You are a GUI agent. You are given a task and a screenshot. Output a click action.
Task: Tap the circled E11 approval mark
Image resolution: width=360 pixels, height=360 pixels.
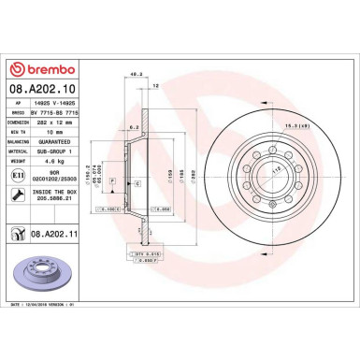tap(18, 174)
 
